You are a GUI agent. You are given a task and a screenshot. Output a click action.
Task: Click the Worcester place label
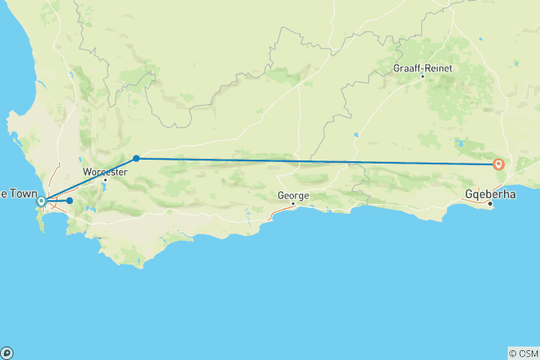104,172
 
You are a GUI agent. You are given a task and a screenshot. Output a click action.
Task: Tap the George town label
292,195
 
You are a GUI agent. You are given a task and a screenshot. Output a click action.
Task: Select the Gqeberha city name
490,193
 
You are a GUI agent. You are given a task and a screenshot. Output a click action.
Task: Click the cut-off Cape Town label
14,193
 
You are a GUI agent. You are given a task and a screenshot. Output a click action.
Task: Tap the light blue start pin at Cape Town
42,201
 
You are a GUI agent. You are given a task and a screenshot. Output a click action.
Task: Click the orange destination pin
499,164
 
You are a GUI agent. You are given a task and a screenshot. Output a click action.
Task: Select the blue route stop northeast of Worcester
136,158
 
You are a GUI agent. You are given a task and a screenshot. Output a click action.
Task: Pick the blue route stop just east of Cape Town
69,201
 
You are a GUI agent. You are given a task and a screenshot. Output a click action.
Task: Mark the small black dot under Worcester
105,180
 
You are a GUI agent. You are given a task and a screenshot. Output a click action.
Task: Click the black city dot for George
293,203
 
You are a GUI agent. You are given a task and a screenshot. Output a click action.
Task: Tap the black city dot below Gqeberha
490,203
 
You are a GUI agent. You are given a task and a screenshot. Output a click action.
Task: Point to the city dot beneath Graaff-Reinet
423,76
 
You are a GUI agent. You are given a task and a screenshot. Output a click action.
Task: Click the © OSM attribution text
523,352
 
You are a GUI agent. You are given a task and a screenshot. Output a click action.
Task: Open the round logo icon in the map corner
7,352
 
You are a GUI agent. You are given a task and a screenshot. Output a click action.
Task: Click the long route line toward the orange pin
315,161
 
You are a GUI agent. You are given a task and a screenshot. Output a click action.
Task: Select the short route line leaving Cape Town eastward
56,201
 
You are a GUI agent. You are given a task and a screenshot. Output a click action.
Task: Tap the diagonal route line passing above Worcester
90,179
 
